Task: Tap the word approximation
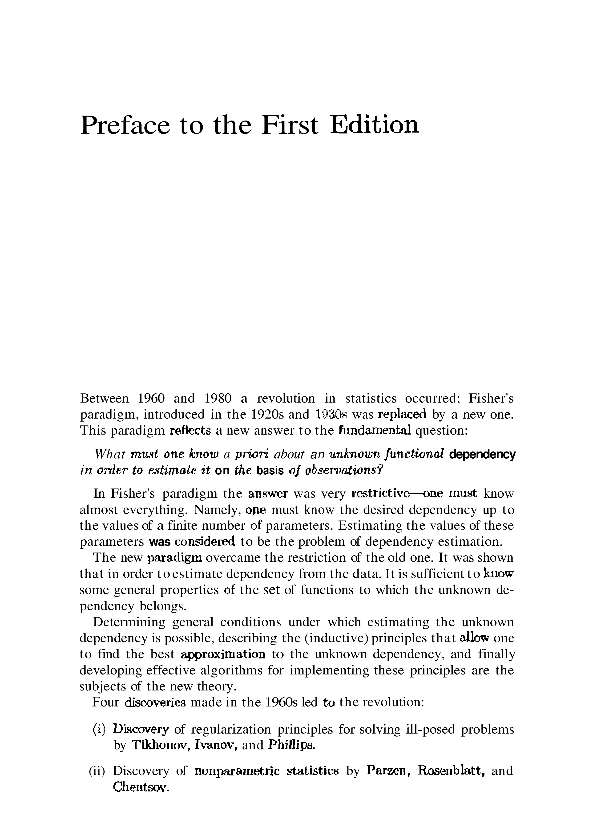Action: tap(223, 654)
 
